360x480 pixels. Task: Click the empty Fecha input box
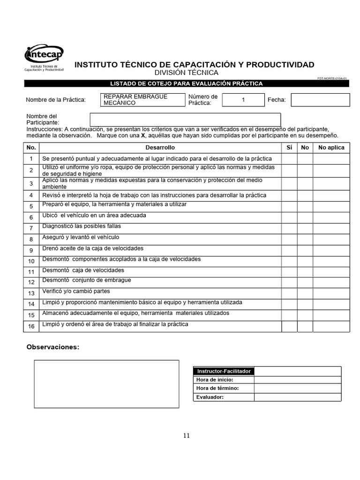click(x=320, y=100)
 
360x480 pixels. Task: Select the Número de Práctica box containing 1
click(x=243, y=100)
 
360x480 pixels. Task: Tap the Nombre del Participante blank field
click(x=185, y=120)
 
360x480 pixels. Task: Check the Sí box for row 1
click(x=289, y=159)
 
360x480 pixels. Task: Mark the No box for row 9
click(x=305, y=250)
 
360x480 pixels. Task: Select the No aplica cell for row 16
click(x=331, y=326)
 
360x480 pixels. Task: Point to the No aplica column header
click(x=331, y=147)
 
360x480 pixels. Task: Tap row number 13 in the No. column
click(x=31, y=293)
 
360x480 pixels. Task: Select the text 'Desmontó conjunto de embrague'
click(x=87, y=280)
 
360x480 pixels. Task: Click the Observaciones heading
click(x=53, y=347)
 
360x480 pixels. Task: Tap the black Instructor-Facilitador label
click(x=224, y=371)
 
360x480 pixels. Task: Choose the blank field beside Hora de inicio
click(x=298, y=380)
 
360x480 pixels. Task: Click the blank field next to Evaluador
click(x=298, y=397)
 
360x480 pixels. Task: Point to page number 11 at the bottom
click(x=187, y=435)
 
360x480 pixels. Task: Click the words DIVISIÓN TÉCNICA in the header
click(x=186, y=73)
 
